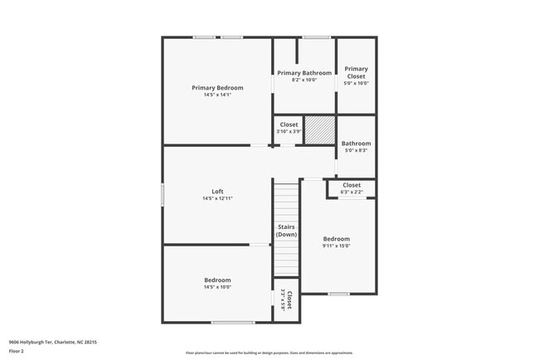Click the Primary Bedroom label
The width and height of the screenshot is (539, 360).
pos(217,87)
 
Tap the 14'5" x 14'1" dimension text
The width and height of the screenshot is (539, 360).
pos(217,95)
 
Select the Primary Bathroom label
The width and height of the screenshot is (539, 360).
pos(303,73)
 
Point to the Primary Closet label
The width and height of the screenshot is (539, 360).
pos(356,72)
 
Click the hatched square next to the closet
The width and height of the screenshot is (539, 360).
pos(318,130)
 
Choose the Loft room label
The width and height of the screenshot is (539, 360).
pos(217,192)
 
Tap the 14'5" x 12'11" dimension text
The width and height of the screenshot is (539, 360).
pos(217,199)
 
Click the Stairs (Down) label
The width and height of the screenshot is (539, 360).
pos(286,230)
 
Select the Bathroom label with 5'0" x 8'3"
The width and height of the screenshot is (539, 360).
pos(356,143)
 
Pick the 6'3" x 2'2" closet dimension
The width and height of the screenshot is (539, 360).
pos(352,192)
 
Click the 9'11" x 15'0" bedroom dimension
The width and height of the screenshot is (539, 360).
pos(336,246)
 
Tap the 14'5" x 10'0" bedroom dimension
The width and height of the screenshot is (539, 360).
pos(217,287)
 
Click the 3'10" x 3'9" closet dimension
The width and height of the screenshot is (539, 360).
pos(289,132)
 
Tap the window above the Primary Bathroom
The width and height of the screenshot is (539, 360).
pos(315,37)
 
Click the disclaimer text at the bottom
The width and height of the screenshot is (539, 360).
pos(269,352)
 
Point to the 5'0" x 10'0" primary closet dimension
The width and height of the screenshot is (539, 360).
pos(356,83)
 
